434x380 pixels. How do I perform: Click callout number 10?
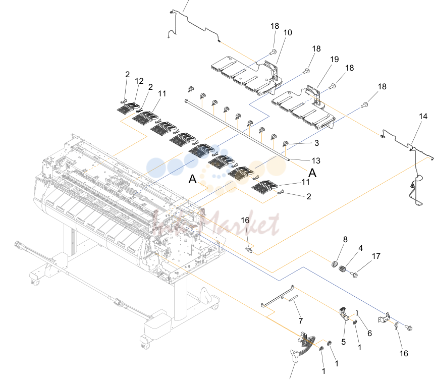[x=288, y=33]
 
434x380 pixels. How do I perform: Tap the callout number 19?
[x=335, y=59]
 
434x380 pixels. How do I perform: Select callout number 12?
[x=139, y=81]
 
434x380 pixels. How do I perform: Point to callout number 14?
[x=423, y=116]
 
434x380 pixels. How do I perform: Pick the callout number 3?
[x=316, y=143]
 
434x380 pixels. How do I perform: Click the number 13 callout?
[x=316, y=160]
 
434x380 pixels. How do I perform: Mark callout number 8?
[x=345, y=239]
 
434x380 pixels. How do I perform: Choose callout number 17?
[x=376, y=256]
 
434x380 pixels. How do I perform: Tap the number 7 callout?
[x=301, y=321]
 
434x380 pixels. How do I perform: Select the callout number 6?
[x=369, y=333]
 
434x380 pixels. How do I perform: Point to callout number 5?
[x=344, y=342]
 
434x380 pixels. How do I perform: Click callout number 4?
[x=360, y=248]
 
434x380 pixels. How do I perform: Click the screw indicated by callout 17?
[x=354, y=275]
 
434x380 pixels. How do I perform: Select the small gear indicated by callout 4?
[x=343, y=268]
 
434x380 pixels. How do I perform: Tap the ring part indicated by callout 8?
[x=335, y=264]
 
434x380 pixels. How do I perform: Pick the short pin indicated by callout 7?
[x=293, y=298]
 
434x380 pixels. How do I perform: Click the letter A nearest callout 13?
[x=312, y=173]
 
